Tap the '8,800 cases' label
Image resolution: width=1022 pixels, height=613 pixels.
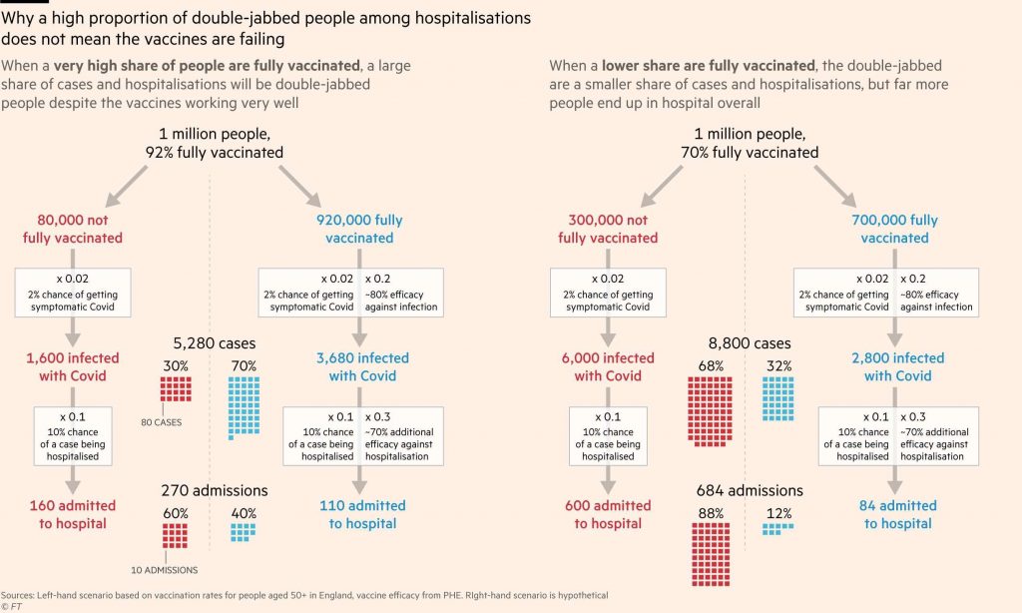(x=750, y=343)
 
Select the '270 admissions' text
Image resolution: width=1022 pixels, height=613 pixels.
(x=215, y=490)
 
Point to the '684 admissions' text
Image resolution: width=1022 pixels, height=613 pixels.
(x=750, y=490)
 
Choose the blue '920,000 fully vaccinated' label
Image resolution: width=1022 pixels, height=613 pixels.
(x=359, y=229)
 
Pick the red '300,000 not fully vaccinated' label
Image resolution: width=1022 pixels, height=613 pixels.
(x=608, y=229)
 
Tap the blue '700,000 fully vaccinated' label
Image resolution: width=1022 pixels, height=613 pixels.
(x=895, y=229)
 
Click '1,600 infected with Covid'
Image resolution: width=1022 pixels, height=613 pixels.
(x=73, y=366)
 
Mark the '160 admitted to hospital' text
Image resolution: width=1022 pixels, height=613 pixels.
(x=73, y=514)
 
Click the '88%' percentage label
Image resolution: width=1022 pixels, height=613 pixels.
(x=712, y=514)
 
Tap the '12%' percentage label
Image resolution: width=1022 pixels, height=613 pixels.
(x=778, y=514)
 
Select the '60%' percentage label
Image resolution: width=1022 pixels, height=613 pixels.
(x=176, y=514)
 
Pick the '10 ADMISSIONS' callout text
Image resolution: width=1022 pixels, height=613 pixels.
(x=165, y=570)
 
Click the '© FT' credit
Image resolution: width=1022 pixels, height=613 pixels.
(x=11, y=606)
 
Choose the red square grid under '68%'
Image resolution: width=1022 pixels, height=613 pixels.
(x=711, y=409)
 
